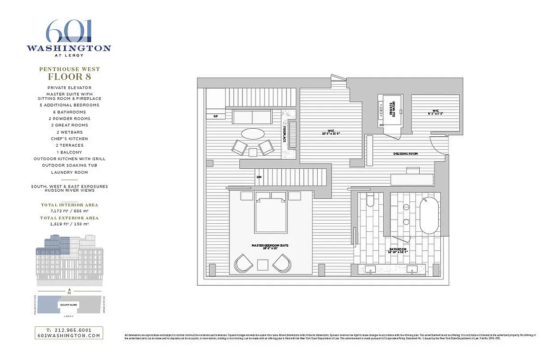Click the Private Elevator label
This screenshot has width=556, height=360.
coord(390,108)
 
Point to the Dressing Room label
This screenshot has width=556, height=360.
coord(405,154)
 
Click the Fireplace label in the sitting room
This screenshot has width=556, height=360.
coord(285,134)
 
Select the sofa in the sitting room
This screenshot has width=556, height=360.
coord(252,117)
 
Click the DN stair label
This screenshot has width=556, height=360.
coord(259,177)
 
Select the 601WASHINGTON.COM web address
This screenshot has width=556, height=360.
coord(69,335)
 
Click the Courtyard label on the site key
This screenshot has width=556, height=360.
coord(69,305)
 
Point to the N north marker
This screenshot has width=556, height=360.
coord(69,292)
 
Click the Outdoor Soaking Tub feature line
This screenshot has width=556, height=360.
coord(69,165)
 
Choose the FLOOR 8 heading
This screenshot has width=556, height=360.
coord(69,76)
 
